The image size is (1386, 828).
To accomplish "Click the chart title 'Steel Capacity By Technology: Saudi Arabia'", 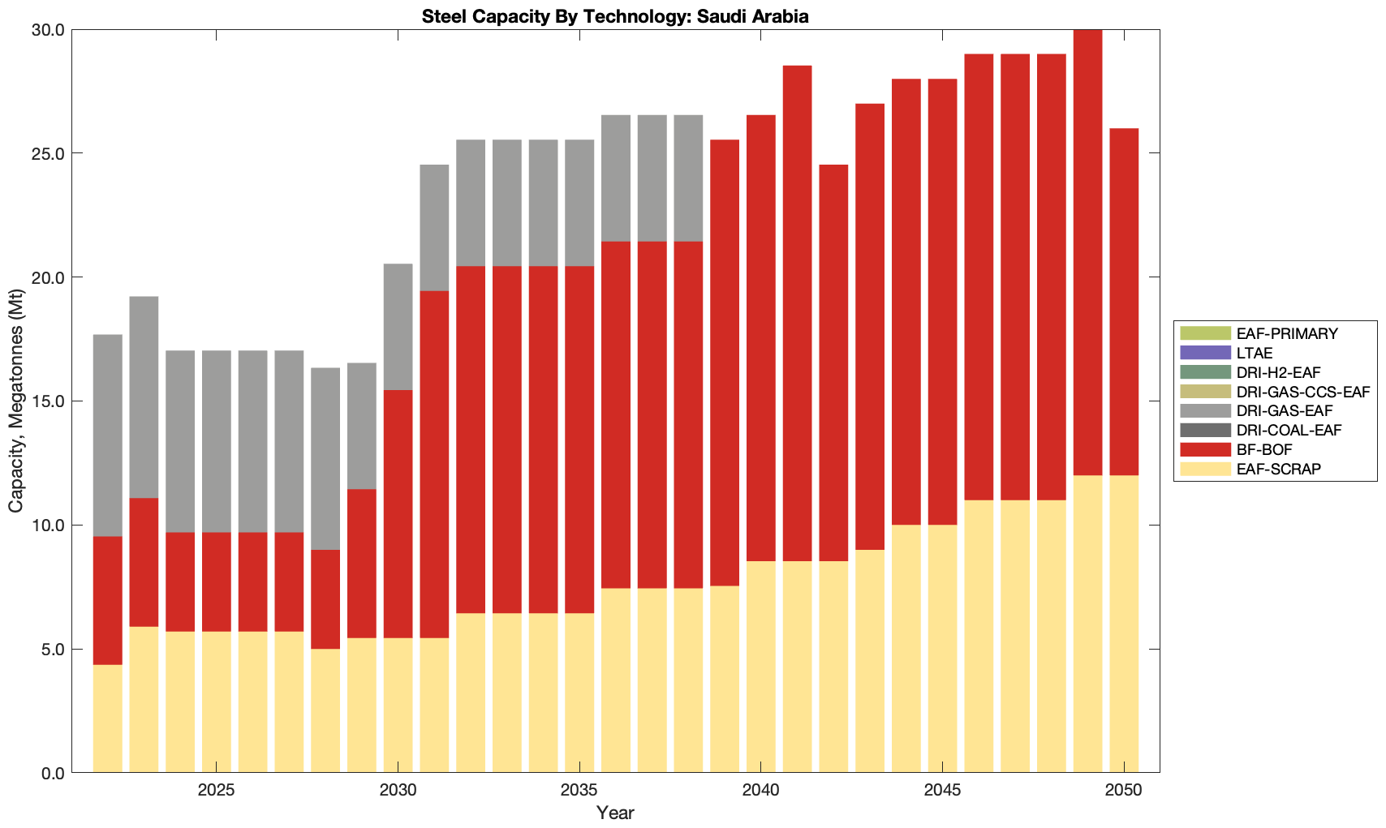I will pos(615,16).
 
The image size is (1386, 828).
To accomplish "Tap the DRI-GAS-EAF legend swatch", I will pos(1205,411).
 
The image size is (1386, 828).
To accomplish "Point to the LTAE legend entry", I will pos(1255,353).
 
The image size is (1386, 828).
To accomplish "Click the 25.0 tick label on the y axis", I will pos(47,153).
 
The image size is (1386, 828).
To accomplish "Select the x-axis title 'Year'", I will pos(615,813).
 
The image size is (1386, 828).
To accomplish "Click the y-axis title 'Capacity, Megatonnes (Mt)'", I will pos(16,401).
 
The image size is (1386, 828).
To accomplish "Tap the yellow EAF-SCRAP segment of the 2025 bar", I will pos(216,701).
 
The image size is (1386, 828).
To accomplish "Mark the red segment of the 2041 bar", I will pos(797,313).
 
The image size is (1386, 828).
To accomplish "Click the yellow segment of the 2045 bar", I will pos(942,649).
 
